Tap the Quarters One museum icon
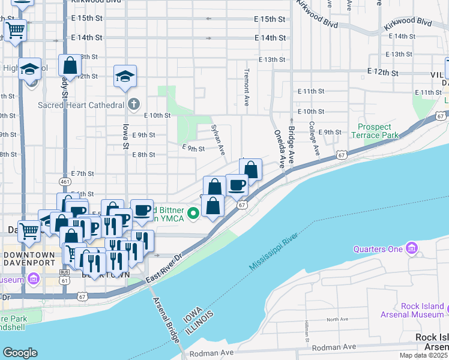(411, 248)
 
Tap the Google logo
(20, 353)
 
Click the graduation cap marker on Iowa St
(125, 76)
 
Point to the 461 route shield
(65, 181)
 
